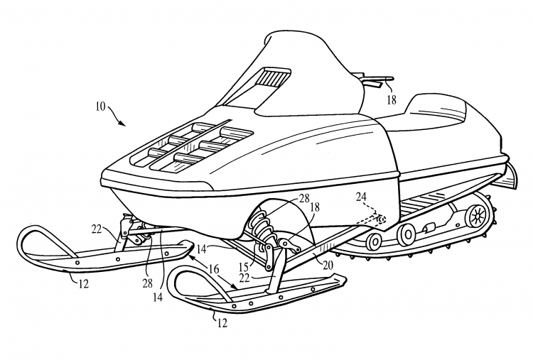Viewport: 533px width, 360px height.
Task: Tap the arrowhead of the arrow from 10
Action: (125, 124)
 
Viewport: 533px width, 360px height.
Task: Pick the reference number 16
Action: (212, 268)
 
